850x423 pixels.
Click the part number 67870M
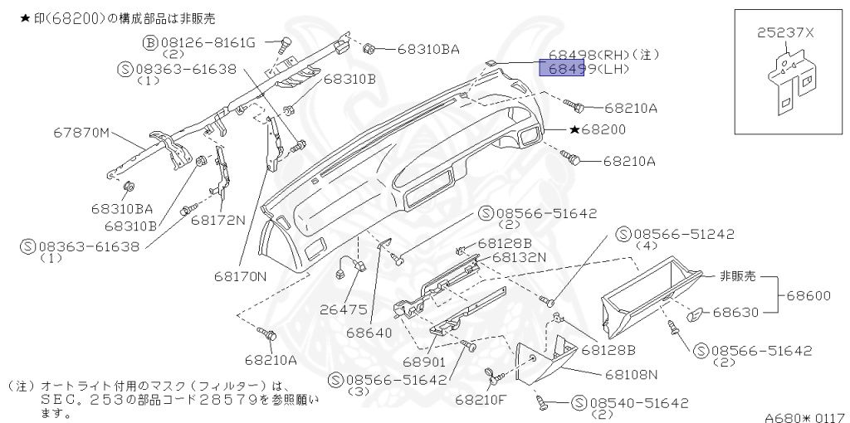[x=82, y=132]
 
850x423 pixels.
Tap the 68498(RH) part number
[x=584, y=54]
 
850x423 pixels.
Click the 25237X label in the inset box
[x=785, y=33]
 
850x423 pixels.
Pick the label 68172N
[x=217, y=221]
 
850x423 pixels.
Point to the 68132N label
[x=519, y=257]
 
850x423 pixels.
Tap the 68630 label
[x=740, y=313]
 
